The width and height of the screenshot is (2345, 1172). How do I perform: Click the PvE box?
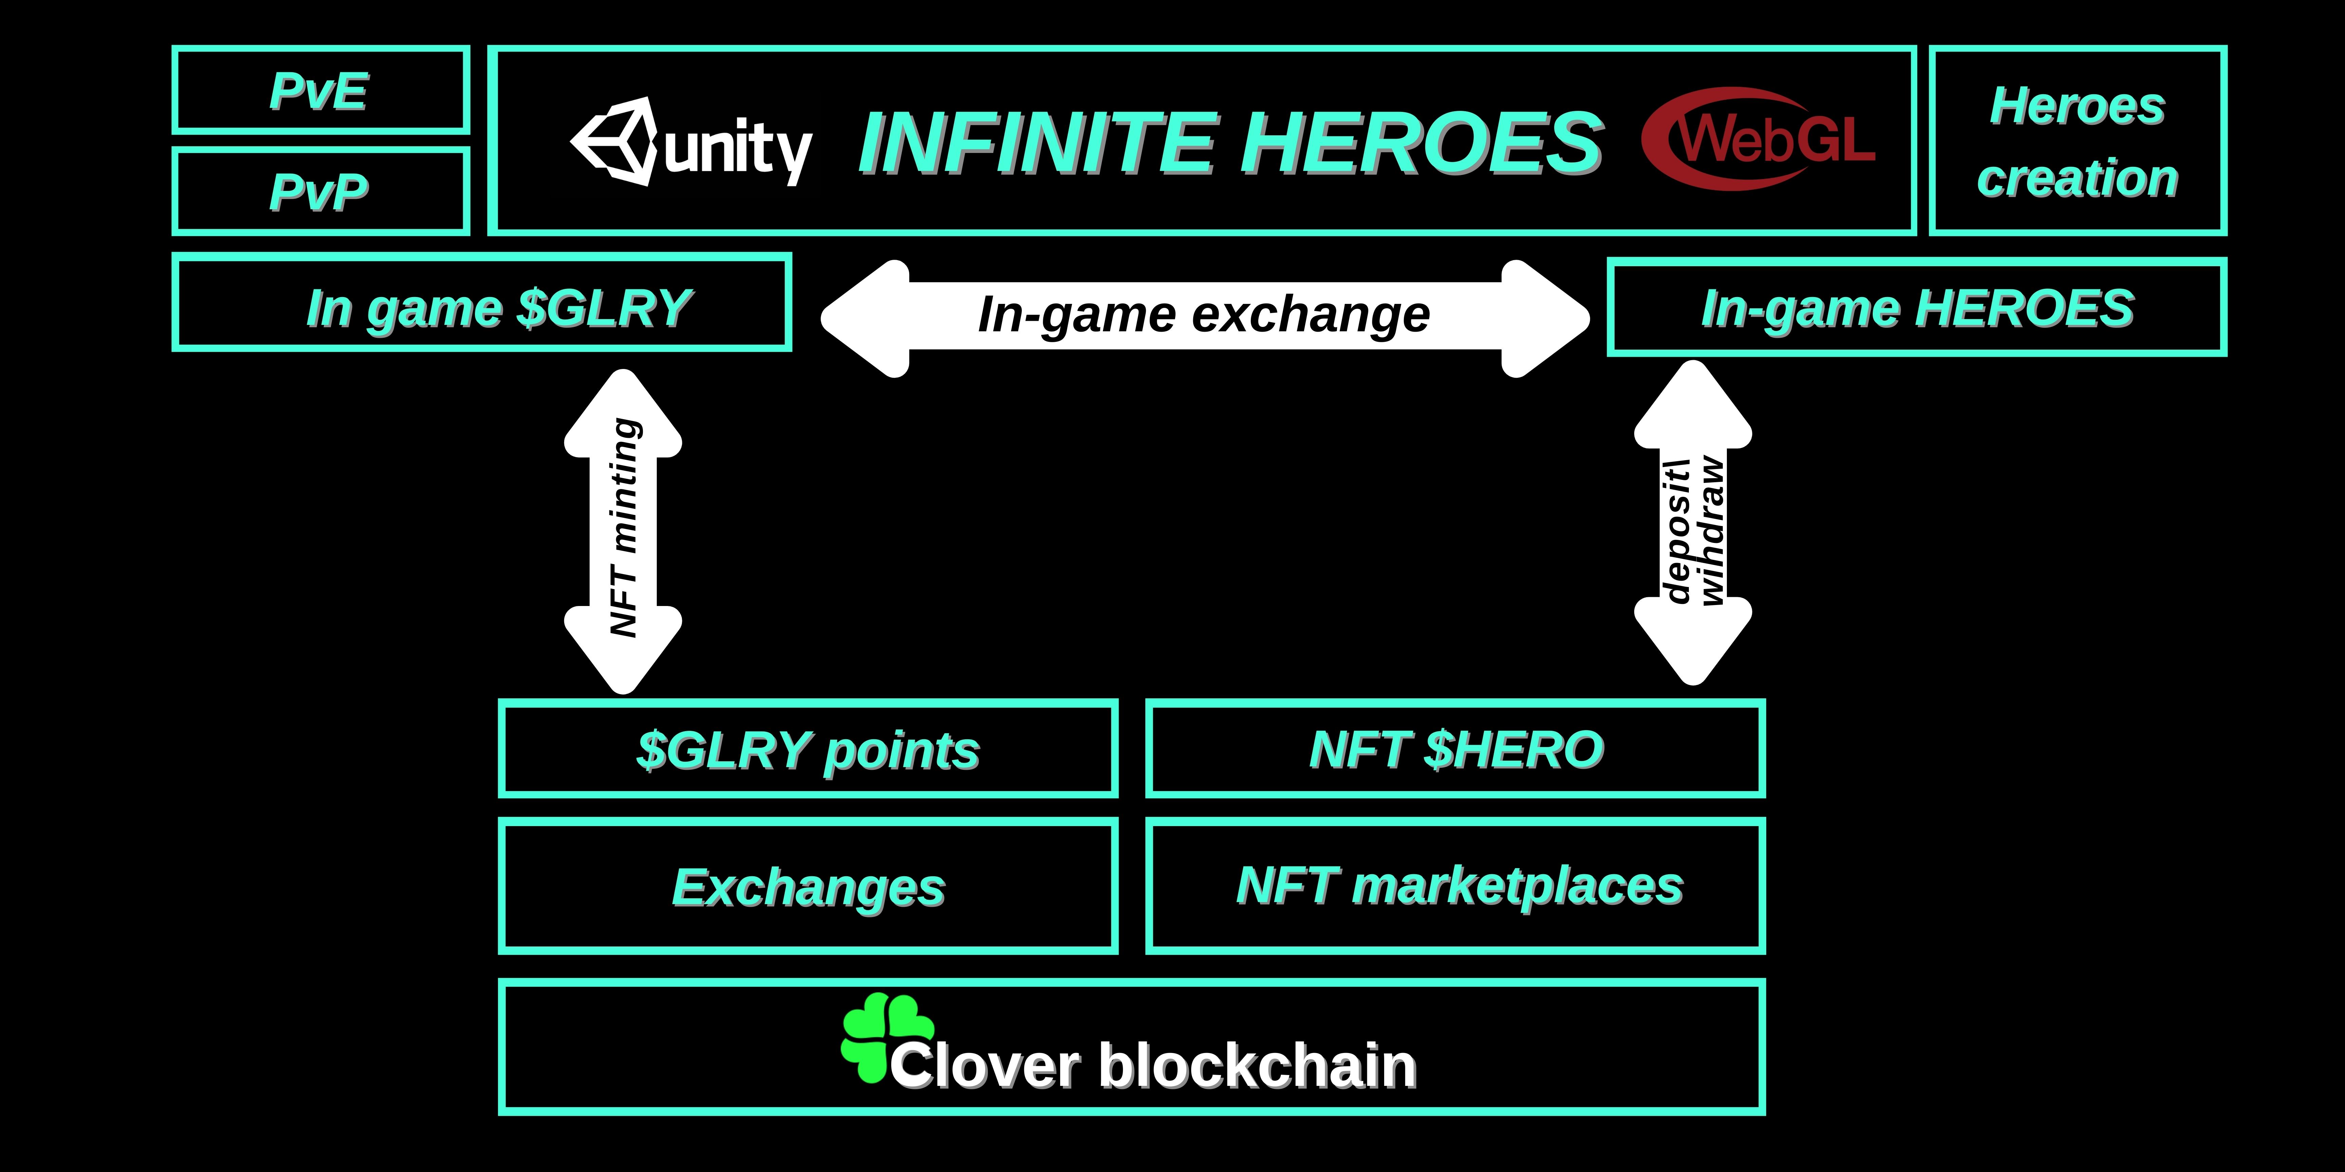tap(320, 90)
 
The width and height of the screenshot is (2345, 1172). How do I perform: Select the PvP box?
tap(320, 191)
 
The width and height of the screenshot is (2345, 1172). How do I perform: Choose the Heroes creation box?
tap(2077, 141)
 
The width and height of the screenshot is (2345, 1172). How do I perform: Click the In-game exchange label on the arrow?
tap(1203, 315)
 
